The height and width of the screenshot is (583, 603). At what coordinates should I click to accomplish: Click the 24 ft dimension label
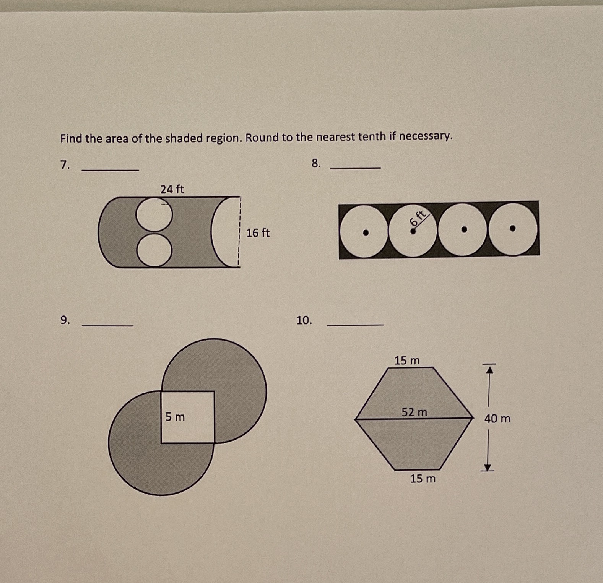tap(172, 189)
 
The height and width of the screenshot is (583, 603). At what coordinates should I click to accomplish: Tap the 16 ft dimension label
tap(258, 233)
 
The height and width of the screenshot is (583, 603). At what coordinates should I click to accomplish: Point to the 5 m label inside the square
tap(175, 417)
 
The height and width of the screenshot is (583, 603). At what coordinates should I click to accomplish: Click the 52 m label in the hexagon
tap(414, 412)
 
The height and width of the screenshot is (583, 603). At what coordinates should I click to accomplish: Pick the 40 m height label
tap(497, 419)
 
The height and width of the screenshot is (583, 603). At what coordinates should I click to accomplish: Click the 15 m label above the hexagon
tap(407, 361)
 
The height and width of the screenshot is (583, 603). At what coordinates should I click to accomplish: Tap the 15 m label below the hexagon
tap(423, 479)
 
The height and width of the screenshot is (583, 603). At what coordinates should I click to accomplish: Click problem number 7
tap(65, 165)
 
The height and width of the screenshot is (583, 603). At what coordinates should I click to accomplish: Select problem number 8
tap(316, 164)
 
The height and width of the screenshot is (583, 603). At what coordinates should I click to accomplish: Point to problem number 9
tap(65, 320)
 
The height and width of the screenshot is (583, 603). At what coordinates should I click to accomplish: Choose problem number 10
tap(304, 320)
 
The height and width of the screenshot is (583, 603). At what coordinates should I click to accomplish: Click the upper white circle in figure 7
tap(154, 214)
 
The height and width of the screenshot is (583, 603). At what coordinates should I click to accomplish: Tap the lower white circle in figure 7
tap(154, 250)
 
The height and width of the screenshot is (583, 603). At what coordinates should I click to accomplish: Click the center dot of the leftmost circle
tap(366, 232)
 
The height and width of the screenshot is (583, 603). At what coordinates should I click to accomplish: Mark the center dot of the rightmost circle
tap(513, 228)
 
